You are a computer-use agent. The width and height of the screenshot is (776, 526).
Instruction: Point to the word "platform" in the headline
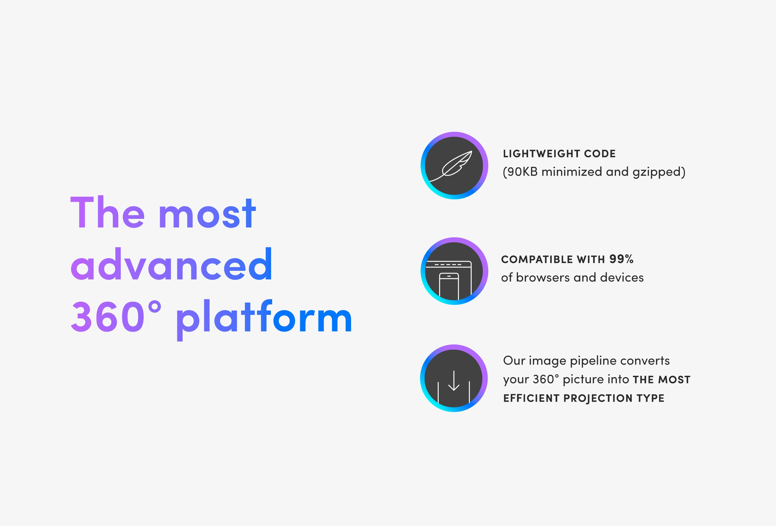tap(264, 320)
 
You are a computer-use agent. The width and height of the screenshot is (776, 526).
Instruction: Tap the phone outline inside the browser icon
tap(449, 286)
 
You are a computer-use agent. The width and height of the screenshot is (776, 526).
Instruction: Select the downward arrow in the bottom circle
tap(454, 381)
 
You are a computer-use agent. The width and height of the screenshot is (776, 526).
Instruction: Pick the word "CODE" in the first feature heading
tap(600, 154)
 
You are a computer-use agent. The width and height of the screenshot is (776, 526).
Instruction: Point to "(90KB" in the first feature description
tap(520, 172)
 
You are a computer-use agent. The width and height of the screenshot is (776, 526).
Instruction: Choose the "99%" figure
tap(621, 259)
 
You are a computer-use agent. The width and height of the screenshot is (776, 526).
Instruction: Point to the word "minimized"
tap(572, 172)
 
